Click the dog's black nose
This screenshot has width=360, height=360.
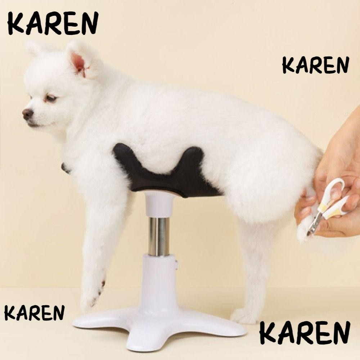coord(27,113)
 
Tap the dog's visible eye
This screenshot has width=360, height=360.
coord(51,98)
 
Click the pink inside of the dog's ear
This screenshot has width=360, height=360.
coord(79,64)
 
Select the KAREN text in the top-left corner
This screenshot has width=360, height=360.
coord(53,23)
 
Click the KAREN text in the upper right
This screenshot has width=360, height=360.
coord(316,65)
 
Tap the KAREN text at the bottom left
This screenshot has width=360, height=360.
coord(35,313)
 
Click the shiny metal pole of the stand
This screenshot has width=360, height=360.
coord(159,237)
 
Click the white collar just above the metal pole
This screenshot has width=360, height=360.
coord(159,204)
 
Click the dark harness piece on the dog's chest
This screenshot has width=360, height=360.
coord(66,168)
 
